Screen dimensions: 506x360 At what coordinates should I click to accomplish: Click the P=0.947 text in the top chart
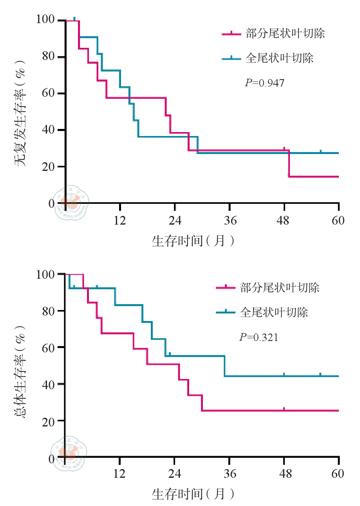tap(264, 83)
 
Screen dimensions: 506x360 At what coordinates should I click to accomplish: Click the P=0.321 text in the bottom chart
tap(259, 337)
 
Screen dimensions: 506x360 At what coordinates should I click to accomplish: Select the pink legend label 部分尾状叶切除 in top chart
tap(285, 34)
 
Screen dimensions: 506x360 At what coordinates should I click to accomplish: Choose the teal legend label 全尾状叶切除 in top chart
tap(280, 58)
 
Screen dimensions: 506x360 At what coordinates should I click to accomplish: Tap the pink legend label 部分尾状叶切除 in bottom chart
tap(280, 288)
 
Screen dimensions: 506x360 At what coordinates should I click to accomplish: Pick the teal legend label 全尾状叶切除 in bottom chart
tap(274, 312)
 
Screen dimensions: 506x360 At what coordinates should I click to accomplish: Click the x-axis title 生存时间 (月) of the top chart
tap(193, 241)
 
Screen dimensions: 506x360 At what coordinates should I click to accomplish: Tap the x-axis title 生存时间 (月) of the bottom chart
tap(193, 494)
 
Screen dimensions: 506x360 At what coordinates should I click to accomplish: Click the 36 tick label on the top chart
tap(231, 220)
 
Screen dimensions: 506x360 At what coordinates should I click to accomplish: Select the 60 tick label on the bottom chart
tap(338, 474)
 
